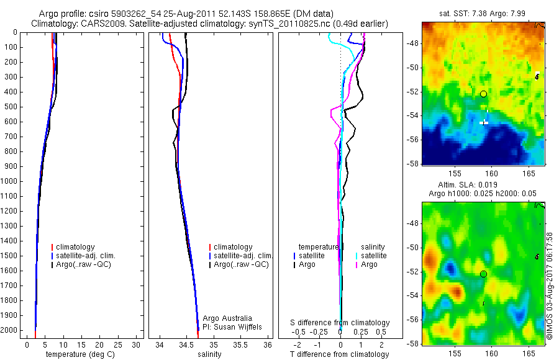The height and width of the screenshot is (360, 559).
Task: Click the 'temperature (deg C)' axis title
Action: pos(78,354)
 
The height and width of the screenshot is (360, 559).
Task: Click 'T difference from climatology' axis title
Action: pos(339,354)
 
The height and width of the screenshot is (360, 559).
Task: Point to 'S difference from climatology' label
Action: pos(340,323)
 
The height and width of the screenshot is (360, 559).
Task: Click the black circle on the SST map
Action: pos(483,94)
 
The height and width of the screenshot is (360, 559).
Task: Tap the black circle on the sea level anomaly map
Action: pos(483,274)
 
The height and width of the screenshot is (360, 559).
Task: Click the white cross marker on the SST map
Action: pos(484,122)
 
